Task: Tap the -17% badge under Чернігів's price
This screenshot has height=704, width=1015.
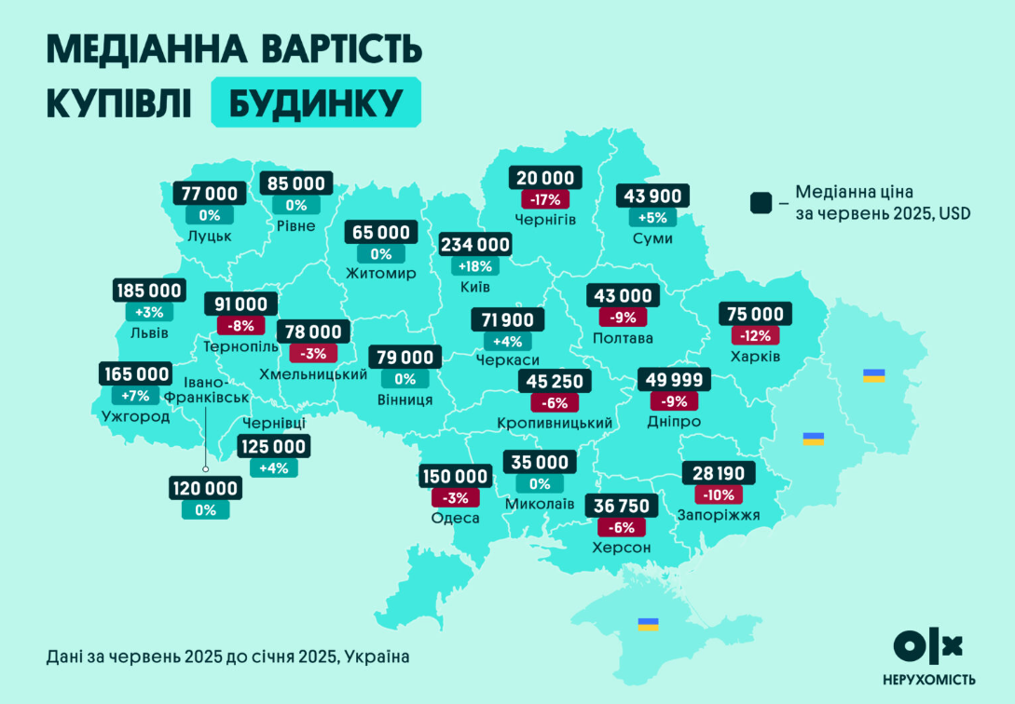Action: pyautogui.click(x=545, y=199)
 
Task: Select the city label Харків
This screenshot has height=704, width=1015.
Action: pyautogui.click(x=756, y=357)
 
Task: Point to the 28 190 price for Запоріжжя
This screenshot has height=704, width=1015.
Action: pyautogui.click(x=720, y=473)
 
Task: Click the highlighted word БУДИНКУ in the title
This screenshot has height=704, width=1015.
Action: pyautogui.click(x=316, y=102)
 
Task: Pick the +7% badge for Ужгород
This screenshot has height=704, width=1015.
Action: pyautogui.click(x=136, y=395)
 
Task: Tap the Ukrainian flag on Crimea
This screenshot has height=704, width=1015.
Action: pyautogui.click(x=648, y=624)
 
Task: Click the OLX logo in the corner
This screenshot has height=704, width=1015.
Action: pyautogui.click(x=927, y=644)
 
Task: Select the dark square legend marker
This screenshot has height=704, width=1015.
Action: pyautogui.click(x=761, y=203)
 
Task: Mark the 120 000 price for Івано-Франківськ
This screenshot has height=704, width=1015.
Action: pyautogui.click(x=205, y=488)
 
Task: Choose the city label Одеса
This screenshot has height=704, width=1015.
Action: pyautogui.click(x=455, y=519)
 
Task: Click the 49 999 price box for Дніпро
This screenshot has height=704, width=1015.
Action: pyautogui.click(x=674, y=380)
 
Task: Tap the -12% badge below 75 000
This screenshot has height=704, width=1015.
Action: pyautogui.click(x=755, y=335)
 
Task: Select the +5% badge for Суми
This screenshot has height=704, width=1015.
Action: pyautogui.click(x=652, y=218)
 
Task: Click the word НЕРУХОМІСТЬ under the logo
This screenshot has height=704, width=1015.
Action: pyautogui.click(x=928, y=679)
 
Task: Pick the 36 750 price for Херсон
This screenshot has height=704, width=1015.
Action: pyautogui.click(x=622, y=506)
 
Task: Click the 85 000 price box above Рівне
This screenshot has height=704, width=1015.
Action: pyautogui.click(x=296, y=184)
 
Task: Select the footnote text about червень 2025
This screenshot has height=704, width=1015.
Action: pyautogui.click(x=227, y=657)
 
